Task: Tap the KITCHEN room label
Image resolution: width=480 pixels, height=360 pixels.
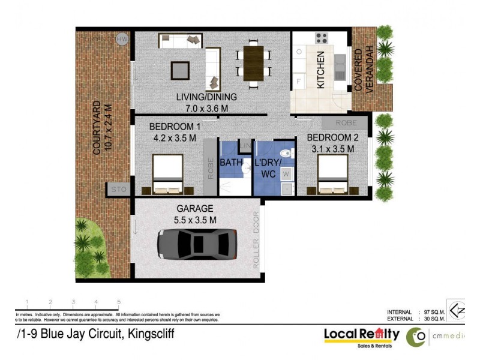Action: [x=321, y=70]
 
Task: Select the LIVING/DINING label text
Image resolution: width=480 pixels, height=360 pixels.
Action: [x=206, y=97]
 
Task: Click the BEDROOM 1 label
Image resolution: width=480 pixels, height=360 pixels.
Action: [x=175, y=127]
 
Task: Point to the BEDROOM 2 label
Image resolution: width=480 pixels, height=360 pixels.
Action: [x=333, y=137]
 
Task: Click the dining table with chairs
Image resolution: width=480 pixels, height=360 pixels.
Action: [x=253, y=63]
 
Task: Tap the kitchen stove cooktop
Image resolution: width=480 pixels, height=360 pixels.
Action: [x=322, y=38]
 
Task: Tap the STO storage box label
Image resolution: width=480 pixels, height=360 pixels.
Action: [x=118, y=190]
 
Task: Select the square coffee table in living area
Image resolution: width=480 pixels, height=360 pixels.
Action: [x=180, y=70]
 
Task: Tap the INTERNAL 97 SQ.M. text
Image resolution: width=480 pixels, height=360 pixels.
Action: [x=414, y=312]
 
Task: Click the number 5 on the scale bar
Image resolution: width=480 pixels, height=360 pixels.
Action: [x=119, y=302]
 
